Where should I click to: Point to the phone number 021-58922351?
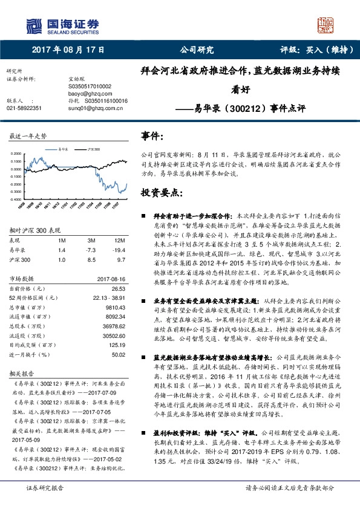(x=24, y=108)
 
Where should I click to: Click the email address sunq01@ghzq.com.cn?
(x=95, y=108)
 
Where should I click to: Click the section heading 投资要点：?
(x=162, y=192)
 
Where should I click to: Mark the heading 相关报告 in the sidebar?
(x=22, y=373)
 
